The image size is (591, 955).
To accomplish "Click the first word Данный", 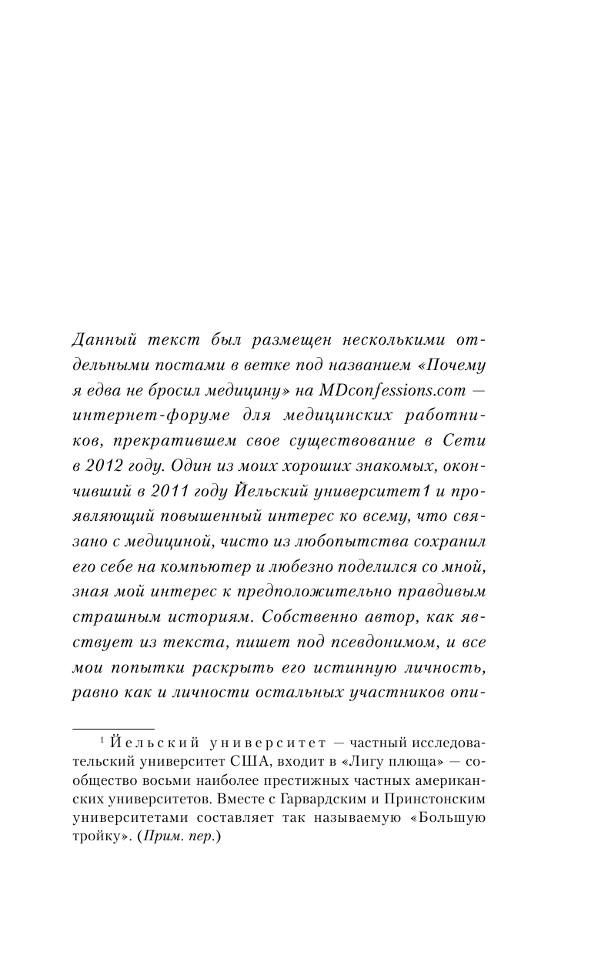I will pyautogui.click(x=98, y=339).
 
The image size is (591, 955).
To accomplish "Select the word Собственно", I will pyautogui.click(x=314, y=616).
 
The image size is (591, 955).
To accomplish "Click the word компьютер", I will pyautogui.click(x=203, y=566).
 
